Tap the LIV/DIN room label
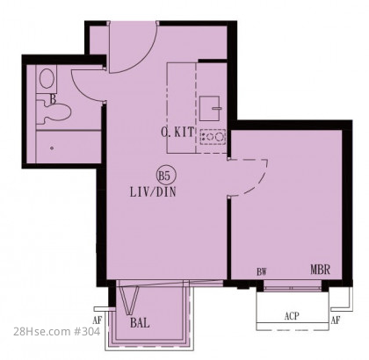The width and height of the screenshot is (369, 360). coord(153,192)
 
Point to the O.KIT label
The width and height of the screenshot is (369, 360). coord(177,133)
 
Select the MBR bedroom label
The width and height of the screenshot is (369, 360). coord(321,270)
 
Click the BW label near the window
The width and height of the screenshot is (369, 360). coord(262,272)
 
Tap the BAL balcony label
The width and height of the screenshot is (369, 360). coord(140,323)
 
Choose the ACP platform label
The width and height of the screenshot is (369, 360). coord(292,316)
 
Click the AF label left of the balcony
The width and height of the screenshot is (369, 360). coord(97,320)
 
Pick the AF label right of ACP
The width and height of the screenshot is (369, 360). coord(336,320)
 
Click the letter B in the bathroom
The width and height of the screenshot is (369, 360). coord(53,99)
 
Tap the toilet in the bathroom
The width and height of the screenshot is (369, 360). coord(54,112)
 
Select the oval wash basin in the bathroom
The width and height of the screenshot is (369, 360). coord(47,78)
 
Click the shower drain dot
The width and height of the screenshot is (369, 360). coord(52,148)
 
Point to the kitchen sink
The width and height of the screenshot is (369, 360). coord(210,108)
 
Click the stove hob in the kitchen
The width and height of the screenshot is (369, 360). coord(213,137)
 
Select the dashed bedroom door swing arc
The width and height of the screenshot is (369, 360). coord(257,184)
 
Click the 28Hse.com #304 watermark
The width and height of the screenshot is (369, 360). coord(57,331)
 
